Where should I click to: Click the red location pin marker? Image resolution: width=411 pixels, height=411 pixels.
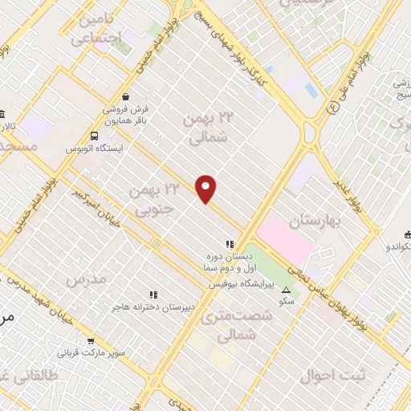click(206, 189)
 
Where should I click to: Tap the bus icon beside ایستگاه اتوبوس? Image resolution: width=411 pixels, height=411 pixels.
click(96, 136)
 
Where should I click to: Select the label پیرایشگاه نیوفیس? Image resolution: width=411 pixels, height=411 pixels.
click(242, 284)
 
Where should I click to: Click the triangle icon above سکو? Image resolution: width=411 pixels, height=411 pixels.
click(287, 288)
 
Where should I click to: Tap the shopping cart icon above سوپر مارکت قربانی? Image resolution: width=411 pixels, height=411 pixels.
click(90, 340)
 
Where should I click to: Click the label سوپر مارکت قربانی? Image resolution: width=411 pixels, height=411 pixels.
click(90, 352)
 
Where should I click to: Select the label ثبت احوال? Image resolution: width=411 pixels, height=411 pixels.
click(332, 375)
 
